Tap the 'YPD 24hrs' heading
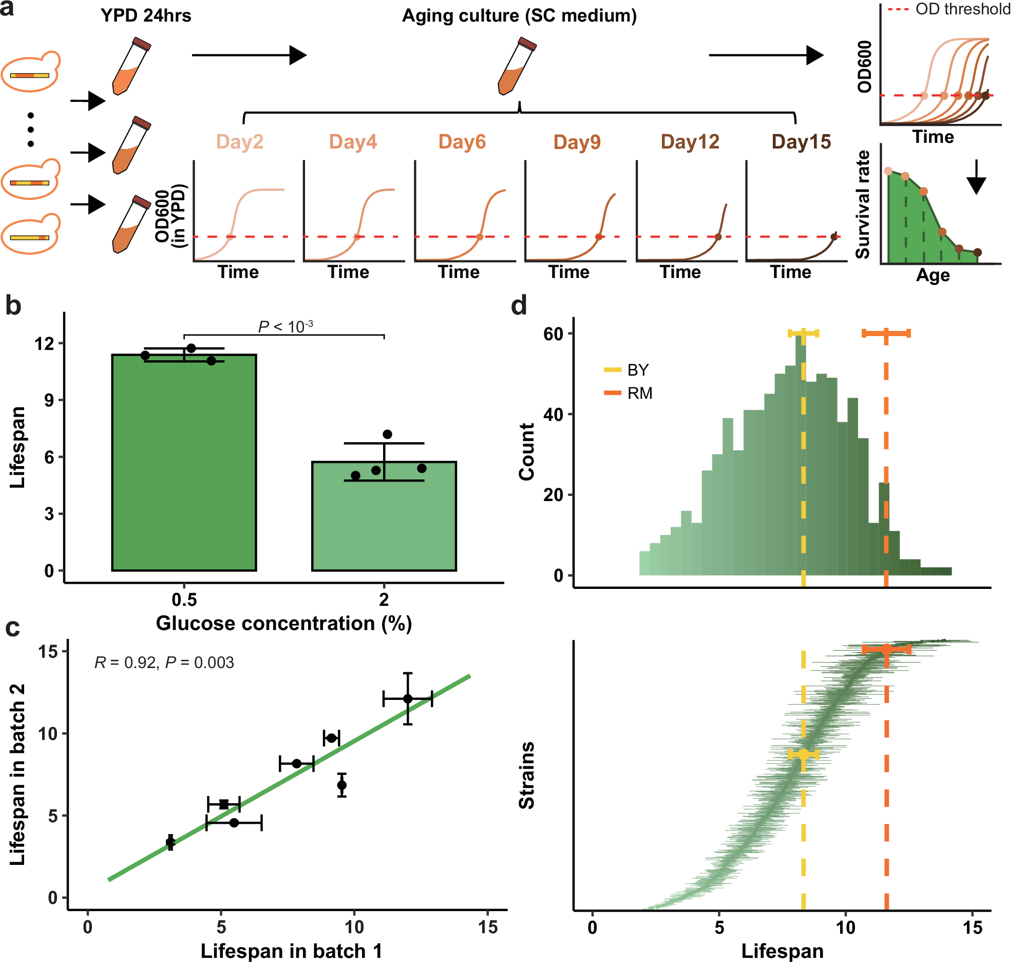point(146,16)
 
